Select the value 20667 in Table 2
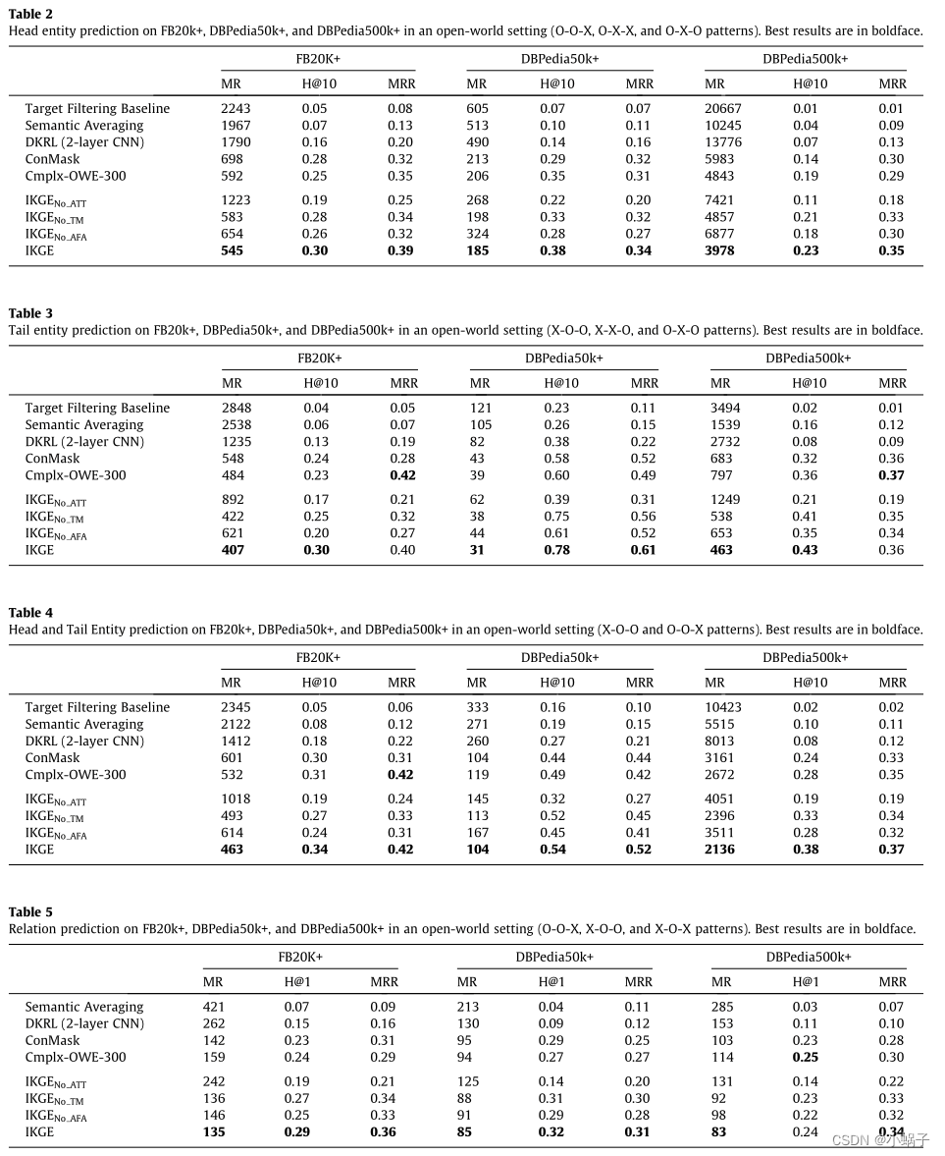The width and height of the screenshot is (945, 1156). coord(723,109)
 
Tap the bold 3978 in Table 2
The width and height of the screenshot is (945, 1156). coord(719,250)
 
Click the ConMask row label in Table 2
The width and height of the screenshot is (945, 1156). coord(53,159)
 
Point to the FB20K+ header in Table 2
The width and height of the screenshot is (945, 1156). coord(318,59)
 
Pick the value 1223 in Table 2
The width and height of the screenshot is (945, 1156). coord(236,200)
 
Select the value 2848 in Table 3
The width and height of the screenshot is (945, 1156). coord(236,409)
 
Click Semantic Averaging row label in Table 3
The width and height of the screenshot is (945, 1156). coord(84,425)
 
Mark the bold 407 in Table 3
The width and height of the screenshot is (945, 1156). coord(233,550)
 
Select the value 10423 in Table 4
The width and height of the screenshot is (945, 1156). coord(723,708)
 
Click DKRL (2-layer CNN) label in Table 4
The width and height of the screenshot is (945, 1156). coord(84,742)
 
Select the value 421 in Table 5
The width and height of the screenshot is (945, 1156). coord(214,1008)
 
